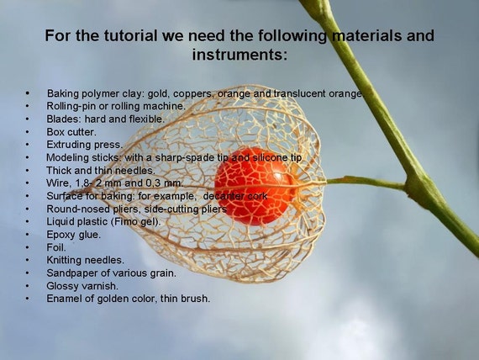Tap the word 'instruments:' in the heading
tap(239, 55)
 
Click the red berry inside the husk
tap(253, 187)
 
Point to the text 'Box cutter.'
tap(71, 132)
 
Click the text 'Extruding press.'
tap(84, 145)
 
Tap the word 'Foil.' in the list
tap(56, 246)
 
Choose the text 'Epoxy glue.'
tap(73, 235)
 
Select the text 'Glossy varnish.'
tap(82, 286)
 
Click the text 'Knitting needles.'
tap(85, 260)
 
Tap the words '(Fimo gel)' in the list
tap(134, 221)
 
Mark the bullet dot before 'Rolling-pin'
tap(28, 106)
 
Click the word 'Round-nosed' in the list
tap(78, 209)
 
